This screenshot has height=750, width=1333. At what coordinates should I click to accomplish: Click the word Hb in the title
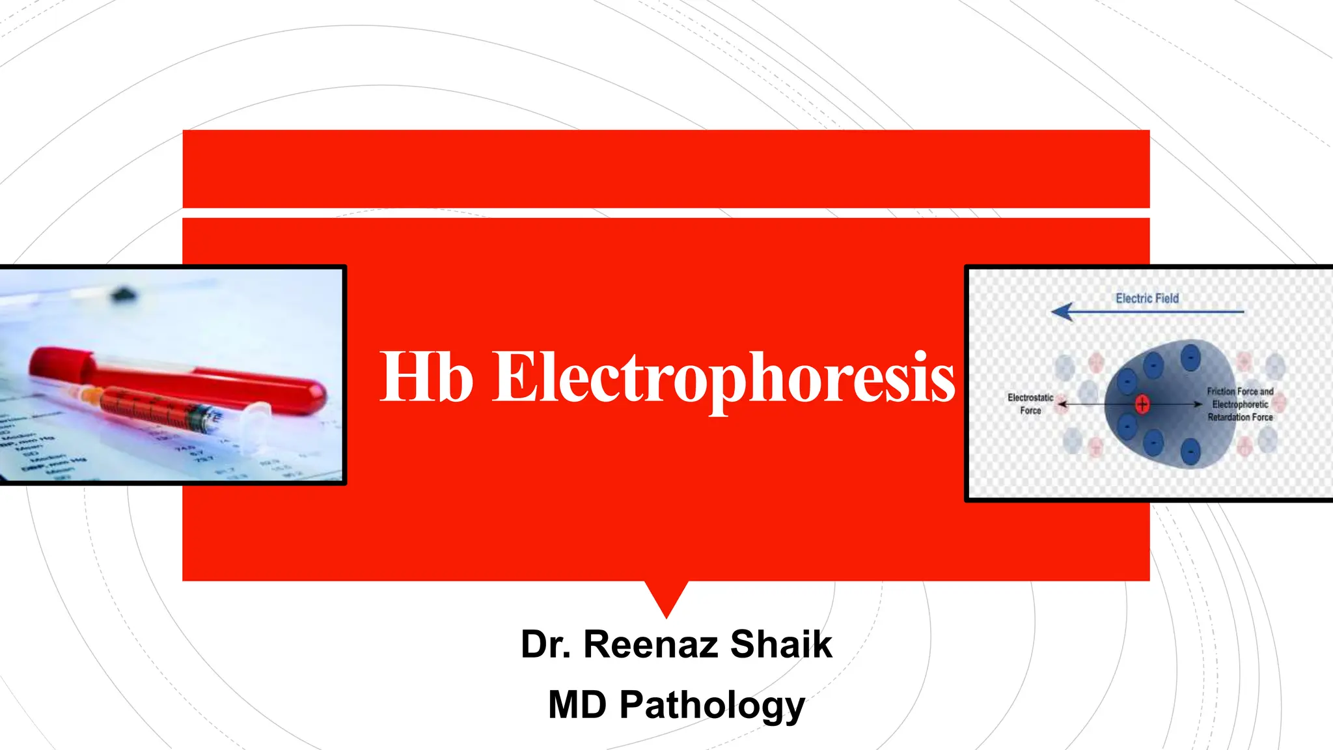point(426,378)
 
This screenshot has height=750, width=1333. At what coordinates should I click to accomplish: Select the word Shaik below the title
point(780,645)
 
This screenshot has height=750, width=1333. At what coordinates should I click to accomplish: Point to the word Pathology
point(712,706)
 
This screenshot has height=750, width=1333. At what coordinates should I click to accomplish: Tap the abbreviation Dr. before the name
point(546,645)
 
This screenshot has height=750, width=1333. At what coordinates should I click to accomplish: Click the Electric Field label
point(1147,298)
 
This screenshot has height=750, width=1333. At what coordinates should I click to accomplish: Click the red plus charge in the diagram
point(1142,404)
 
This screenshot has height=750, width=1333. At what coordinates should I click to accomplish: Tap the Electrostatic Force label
point(1030,404)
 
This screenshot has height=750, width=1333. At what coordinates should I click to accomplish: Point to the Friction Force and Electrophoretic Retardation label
point(1240,404)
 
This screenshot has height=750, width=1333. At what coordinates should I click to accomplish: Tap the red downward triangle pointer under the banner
point(666,596)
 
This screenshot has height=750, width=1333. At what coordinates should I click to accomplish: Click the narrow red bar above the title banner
point(666,169)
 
